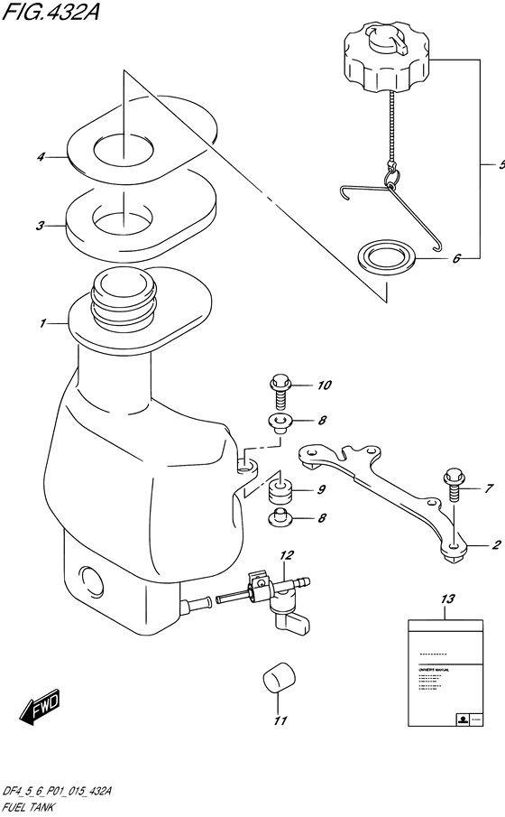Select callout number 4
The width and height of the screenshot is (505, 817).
point(41,157)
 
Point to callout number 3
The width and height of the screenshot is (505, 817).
point(41,226)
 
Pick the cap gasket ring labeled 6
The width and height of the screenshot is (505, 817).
point(388,255)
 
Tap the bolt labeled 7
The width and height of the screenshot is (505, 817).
point(454,487)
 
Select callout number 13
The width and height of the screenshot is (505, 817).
point(448,599)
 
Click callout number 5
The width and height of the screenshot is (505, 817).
point(500,166)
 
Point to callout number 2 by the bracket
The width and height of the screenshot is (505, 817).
point(496,545)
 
